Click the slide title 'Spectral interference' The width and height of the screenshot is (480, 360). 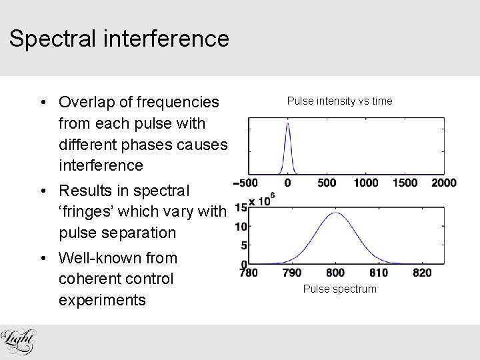pos(119,38)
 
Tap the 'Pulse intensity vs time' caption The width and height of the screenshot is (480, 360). pos(339,101)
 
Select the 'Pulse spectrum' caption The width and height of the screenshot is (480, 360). pos(339,289)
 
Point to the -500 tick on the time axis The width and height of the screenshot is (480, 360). pos(246,183)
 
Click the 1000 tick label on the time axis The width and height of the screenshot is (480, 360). pos(365,183)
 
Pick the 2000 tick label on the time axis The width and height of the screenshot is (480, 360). pos(443,183)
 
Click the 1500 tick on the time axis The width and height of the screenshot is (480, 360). pos(405,183)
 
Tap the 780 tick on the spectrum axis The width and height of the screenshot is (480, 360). pos(249,273)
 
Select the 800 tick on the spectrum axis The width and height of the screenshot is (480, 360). pos(335,273)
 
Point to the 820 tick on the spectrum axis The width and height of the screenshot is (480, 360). pos(422,273)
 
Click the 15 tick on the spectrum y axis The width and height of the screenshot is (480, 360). pos(241,208)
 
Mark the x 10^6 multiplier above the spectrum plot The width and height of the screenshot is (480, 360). pos(262,200)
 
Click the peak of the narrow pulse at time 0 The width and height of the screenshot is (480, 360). pos(287,124)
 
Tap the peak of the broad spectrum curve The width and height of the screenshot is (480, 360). pos(337,213)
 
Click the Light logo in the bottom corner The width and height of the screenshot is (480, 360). pos(18,341)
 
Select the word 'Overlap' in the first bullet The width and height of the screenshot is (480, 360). pos(86,102)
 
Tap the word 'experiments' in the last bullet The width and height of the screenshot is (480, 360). pos(102,300)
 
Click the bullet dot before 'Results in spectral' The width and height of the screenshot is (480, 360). pos(41,191)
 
